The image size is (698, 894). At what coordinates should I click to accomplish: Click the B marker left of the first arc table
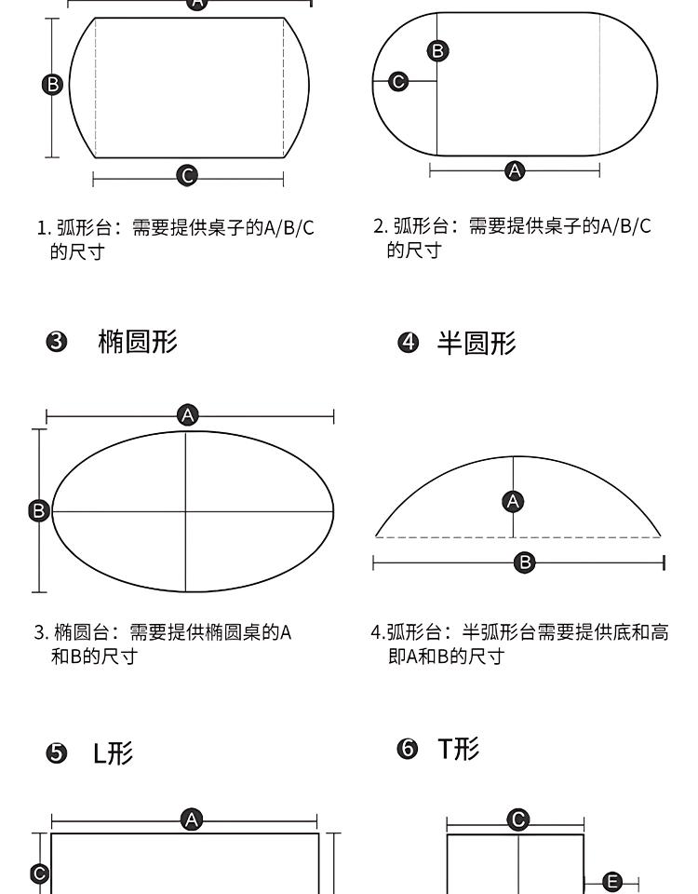[x=52, y=85]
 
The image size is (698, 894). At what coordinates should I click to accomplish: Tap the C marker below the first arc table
[x=187, y=175]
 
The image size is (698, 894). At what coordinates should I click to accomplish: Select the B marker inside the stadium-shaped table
[x=437, y=50]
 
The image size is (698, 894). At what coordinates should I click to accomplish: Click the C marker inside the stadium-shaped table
[x=398, y=82]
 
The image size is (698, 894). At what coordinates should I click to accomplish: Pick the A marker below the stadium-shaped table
[x=515, y=170]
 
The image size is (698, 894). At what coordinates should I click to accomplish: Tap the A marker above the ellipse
[x=187, y=415]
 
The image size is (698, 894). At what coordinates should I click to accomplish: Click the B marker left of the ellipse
[x=39, y=510]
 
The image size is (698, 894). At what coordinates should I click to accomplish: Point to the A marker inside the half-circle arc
[x=513, y=502]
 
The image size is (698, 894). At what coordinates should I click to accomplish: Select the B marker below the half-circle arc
[x=524, y=562]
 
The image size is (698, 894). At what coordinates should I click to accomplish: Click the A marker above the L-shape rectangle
[x=192, y=819]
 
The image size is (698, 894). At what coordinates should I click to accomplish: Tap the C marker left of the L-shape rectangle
[x=39, y=874]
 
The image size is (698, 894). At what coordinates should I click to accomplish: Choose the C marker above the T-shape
[x=518, y=819]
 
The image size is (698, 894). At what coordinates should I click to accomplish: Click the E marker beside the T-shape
[x=612, y=882]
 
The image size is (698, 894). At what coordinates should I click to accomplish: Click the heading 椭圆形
[x=138, y=342]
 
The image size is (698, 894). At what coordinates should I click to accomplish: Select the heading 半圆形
[x=477, y=344]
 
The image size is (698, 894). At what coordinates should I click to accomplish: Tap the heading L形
[x=113, y=752]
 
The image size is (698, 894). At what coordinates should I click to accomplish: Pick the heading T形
[x=459, y=749]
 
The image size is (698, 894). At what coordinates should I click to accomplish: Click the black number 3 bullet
[x=57, y=342]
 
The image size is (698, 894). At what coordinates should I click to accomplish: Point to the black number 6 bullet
[x=408, y=749]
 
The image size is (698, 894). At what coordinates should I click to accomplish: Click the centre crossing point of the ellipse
[x=186, y=511]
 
